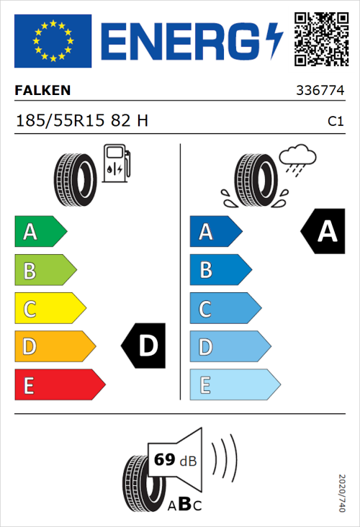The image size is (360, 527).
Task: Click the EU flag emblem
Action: [x=53, y=40]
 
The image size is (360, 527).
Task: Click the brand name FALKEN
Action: [x=43, y=90]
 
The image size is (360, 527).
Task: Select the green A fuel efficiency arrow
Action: [x=40, y=232]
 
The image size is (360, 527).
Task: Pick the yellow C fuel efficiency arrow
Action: [x=50, y=309]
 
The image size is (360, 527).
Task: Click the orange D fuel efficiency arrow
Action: [x=55, y=347]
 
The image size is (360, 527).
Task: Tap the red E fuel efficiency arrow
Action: [x=59, y=385]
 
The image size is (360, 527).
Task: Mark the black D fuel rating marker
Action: [x=145, y=346]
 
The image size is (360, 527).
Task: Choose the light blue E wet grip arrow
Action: [x=234, y=385]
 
